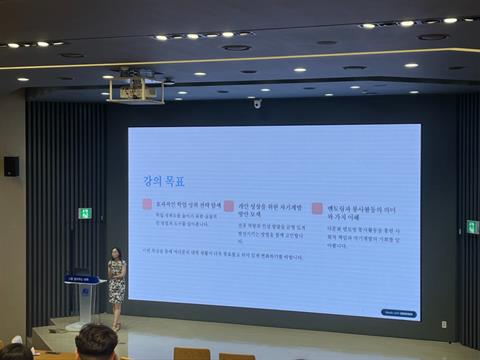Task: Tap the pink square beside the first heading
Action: click(147, 205)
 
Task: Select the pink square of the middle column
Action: click(229, 206)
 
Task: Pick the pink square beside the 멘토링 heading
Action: click(317, 208)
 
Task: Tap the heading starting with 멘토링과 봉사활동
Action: click(352, 211)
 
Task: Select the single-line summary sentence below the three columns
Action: click(223, 256)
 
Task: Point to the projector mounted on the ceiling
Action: click(137, 87)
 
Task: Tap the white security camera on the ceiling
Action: click(257, 103)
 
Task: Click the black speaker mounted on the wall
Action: click(11, 166)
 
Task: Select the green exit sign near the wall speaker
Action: click(85, 213)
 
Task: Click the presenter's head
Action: click(116, 253)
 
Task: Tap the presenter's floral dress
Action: click(117, 283)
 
